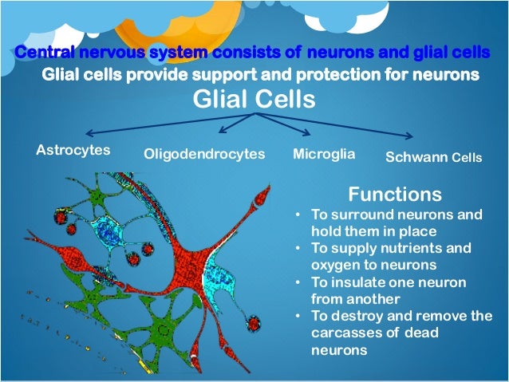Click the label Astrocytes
[x=73, y=150]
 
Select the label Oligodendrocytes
[x=203, y=154]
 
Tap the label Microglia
[x=324, y=152]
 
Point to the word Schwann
[x=412, y=157]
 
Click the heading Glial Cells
[x=254, y=100]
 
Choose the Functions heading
[x=395, y=195]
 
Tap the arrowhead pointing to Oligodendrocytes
[x=223, y=130]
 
